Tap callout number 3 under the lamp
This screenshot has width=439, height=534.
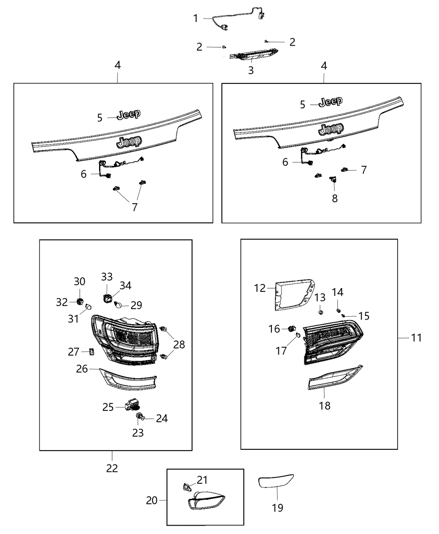click(x=251, y=70)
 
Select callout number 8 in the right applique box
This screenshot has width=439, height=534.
click(x=334, y=198)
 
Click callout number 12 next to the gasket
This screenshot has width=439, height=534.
click(x=260, y=288)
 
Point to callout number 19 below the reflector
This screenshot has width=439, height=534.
click(x=277, y=508)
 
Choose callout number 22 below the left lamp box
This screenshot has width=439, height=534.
click(x=112, y=468)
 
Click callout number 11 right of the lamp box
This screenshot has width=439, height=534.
click(x=416, y=338)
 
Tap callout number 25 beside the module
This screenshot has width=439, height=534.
click(x=108, y=407)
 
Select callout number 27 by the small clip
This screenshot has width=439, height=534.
click(x=74, y=352)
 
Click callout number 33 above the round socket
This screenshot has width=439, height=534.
click(x=107, y=276)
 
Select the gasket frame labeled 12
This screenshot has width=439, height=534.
click(x=293, y=295)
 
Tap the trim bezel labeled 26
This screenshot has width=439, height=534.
click(x=128, y=379)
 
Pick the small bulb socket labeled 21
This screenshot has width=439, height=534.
click(x=188, y=487)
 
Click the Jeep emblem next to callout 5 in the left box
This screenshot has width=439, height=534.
click(x=129, y=114)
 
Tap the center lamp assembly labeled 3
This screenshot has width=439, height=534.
click(x=251, y=55)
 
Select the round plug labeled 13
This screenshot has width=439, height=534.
click(x=320, y=312)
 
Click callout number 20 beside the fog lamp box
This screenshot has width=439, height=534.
click(x=152, y=500)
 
